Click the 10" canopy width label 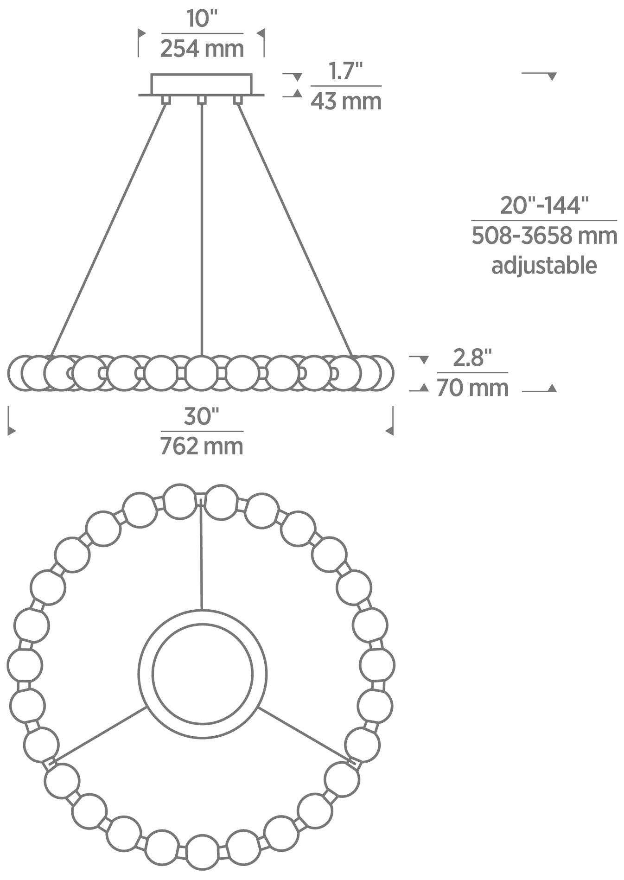202,19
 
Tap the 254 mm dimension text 202,49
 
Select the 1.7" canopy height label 345,72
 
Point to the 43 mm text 346,101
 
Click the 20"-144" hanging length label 544,205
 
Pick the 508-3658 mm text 544,236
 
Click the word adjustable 544,266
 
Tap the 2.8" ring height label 472,358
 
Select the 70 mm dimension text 472,388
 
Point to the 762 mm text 202,446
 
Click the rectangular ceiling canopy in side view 202,84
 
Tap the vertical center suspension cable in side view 202,232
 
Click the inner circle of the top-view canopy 203,674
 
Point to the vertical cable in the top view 201,556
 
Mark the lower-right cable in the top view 304,733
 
